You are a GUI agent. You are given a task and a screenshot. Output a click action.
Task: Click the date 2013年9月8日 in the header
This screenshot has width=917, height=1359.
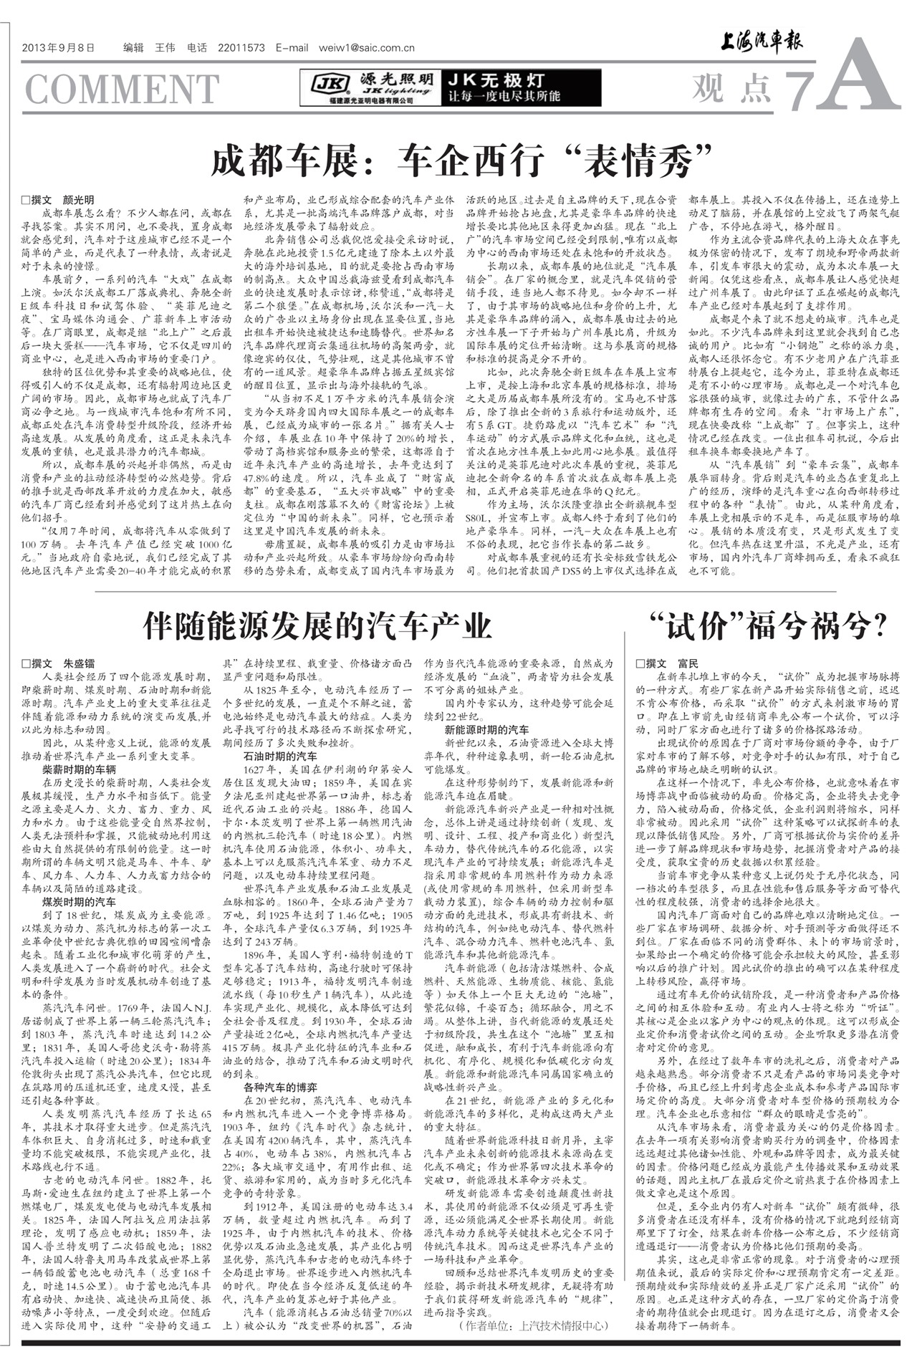pos(58,49)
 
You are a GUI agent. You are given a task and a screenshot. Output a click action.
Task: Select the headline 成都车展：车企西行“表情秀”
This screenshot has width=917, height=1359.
pos(461,160)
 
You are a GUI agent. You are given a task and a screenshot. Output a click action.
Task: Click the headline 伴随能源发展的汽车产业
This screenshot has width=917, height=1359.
pos(317,625)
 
